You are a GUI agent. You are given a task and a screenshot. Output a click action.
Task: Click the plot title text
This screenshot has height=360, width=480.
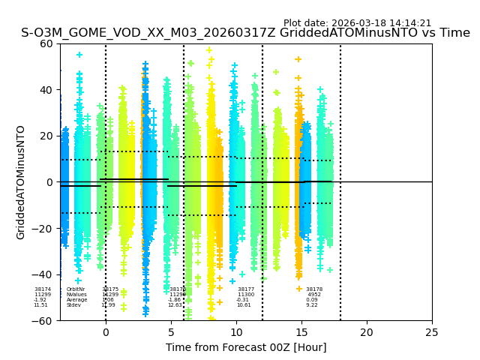pos(245,33)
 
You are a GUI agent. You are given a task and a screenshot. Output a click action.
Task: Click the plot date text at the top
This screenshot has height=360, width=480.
pos(357,23)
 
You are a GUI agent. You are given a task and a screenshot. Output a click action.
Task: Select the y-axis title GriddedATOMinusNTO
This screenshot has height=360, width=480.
pos(21,182)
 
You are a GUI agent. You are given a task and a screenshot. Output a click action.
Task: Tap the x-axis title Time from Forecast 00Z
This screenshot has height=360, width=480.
pos(246,347)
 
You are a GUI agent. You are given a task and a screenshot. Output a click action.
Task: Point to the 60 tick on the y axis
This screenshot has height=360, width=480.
pos(47,43)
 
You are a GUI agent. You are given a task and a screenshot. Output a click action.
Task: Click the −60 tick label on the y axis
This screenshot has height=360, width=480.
pos(43,320)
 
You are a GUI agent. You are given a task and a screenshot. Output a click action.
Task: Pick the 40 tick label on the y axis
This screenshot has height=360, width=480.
pos(47,90)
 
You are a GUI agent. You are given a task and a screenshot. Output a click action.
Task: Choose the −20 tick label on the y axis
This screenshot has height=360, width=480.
pos(43,229)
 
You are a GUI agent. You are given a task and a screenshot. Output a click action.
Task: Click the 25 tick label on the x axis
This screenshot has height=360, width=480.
pos(432,332)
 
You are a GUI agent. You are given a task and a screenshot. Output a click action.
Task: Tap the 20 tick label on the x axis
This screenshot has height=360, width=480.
pos(367,332)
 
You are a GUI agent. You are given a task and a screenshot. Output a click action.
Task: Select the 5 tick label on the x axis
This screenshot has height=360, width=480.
pos(171,332)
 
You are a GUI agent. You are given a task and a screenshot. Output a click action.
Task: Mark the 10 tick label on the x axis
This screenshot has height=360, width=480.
pos(236,332)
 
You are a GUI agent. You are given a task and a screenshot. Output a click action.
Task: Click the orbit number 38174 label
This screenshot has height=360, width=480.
pos(43,289)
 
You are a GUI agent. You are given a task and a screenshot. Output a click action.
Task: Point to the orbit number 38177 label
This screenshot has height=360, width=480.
pos(246,289)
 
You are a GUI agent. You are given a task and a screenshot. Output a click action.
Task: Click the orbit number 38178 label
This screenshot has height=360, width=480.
pos(314,289)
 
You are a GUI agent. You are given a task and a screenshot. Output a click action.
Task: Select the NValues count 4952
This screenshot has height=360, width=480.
pos(314,295)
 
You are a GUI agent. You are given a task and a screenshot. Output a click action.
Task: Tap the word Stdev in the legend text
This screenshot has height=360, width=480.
pos(73,305)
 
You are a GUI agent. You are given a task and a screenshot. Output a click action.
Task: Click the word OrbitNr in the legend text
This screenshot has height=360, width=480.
pos(76,289)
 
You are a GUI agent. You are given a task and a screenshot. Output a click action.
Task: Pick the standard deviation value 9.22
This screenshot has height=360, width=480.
pos(312,305)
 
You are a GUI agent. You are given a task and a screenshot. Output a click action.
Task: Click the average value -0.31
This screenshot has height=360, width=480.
pos(243,300)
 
